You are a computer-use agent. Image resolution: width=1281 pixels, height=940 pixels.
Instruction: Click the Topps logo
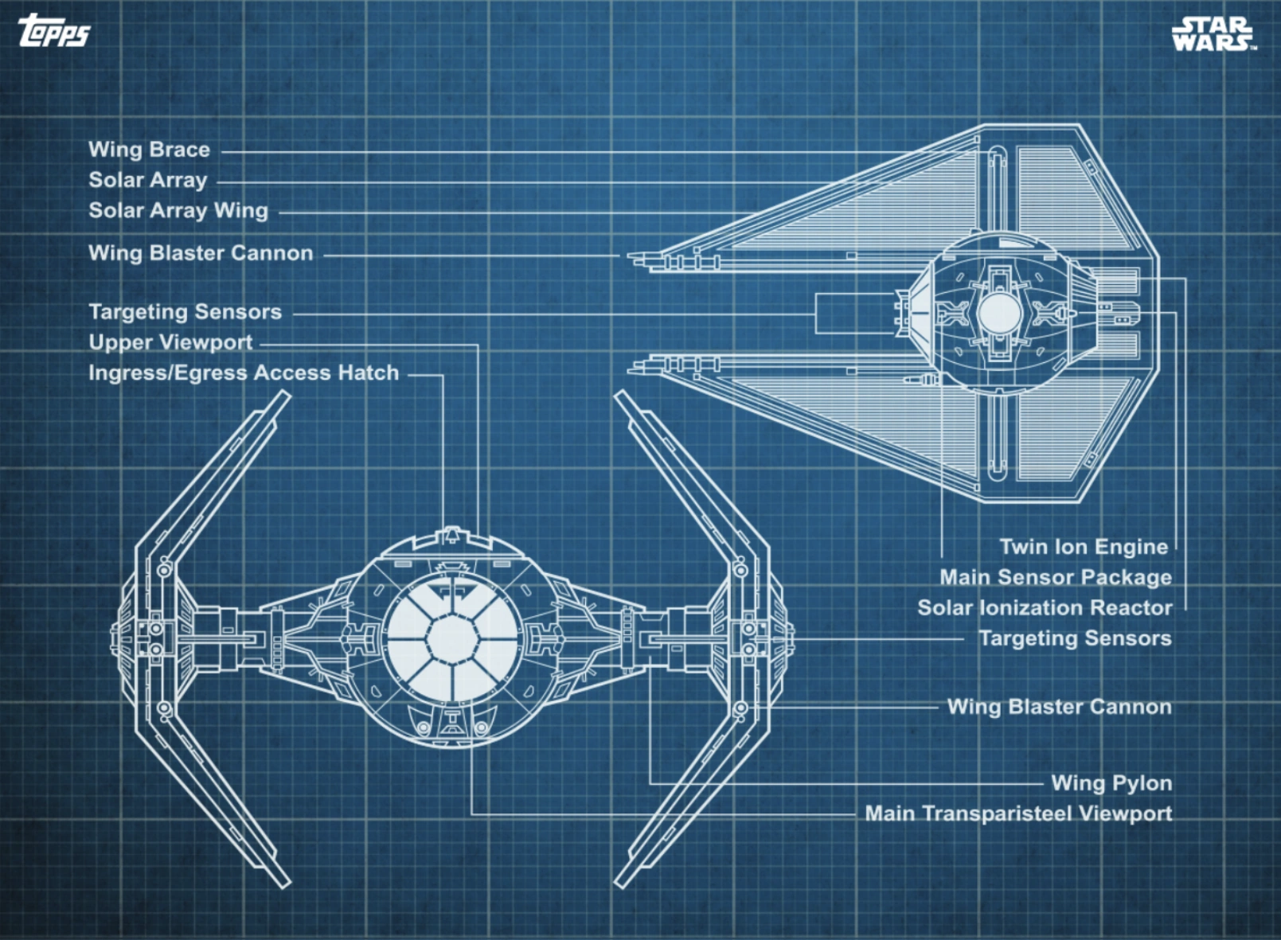coord(53,31)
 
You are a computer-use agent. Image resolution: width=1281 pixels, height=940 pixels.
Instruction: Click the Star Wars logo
coord(1213,34)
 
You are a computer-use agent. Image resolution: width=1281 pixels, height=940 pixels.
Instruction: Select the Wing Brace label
coord(149,150)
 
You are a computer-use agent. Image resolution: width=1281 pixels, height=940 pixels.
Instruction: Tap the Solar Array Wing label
coord(178,211)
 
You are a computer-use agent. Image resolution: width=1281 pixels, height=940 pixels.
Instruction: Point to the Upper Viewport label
coord(170,343)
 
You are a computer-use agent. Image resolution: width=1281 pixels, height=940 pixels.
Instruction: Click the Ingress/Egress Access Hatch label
coord(244,373)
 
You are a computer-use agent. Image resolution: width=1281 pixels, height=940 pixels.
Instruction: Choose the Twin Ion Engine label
coord(1084,547)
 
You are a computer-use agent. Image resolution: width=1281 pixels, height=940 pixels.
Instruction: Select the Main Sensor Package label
coord(1055,577)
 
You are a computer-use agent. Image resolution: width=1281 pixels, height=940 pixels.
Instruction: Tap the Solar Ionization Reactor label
coord(1045,608)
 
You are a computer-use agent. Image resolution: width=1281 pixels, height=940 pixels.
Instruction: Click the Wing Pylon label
coord(1111,783)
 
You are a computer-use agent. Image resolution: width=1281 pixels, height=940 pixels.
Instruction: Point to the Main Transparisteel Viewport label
coord(1018,813)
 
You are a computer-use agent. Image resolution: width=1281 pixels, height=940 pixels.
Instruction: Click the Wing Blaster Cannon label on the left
coord(201,253)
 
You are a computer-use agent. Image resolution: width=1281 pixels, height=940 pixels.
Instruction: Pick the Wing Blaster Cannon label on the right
coord(1059,707)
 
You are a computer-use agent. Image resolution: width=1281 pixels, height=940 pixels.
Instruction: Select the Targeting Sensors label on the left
coord(185,312)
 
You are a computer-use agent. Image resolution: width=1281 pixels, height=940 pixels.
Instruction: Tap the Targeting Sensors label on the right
coord(1075,638)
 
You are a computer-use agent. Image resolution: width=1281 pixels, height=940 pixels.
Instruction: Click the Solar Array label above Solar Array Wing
coord(148,181)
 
